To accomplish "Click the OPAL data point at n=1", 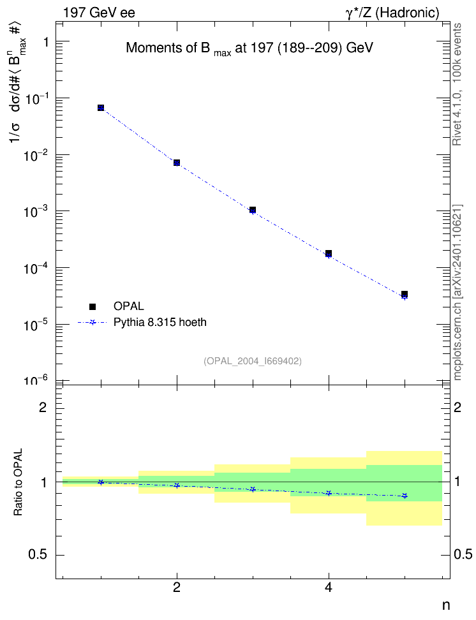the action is [x=101, y=108].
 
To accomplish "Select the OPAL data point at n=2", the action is [x=177, y=163].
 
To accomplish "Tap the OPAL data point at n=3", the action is [x=253, y=210].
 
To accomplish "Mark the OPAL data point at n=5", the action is [x=405, y=294].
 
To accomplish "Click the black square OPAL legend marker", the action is [x=93, y=306].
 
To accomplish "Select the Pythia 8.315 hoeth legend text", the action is [x=160, y=322].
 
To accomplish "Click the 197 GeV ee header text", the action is [x=99, y=13].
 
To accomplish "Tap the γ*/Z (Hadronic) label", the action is [x=392, y=13].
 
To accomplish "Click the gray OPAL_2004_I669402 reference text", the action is [x=253, y=361].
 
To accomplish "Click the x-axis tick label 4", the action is [x=329, y=587].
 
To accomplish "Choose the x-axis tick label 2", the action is [x=177, y=587].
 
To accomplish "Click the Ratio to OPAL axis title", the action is [x=18, y=482].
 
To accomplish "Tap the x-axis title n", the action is [x=446, y=605].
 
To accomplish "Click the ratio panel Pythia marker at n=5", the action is [x=405, y=496].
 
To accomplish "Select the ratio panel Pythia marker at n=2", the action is [x=177, y=485].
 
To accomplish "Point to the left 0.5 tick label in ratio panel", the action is [x=38, y=555].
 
